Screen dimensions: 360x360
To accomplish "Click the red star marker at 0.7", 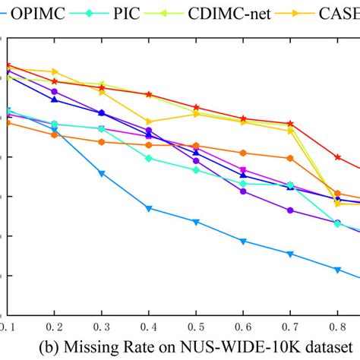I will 290,123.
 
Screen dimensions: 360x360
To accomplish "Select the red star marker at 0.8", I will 337,157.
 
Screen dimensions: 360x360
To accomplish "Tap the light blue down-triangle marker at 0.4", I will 149,208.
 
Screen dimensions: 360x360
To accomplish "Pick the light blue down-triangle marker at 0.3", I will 102,174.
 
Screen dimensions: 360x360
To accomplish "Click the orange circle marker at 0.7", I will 290,158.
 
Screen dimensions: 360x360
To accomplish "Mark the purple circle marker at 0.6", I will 243,191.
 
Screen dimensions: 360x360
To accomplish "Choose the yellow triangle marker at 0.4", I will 149,122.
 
